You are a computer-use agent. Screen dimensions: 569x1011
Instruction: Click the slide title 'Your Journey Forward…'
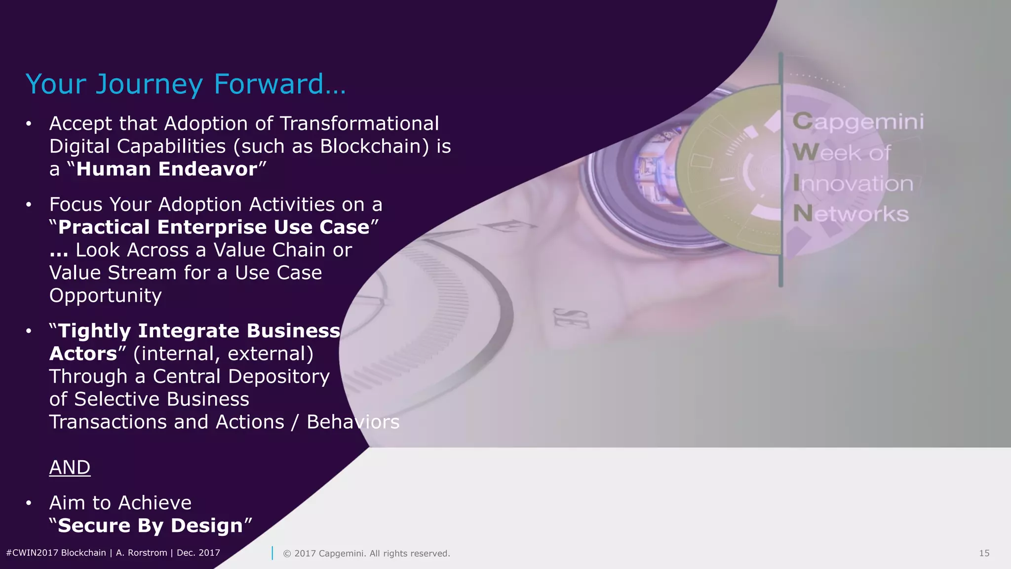186,84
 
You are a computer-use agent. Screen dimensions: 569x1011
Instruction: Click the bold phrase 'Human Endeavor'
167,169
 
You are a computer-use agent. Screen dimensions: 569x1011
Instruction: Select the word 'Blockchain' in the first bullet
374,146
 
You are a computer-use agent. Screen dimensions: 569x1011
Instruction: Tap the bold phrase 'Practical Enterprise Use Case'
214,227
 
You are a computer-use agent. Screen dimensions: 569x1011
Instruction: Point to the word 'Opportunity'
105,295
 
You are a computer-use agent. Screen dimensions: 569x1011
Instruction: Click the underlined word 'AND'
70,467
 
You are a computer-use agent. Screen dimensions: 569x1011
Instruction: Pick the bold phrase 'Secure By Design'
151,526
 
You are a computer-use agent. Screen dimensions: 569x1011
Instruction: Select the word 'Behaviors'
353,422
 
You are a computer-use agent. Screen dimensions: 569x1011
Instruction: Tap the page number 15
984,553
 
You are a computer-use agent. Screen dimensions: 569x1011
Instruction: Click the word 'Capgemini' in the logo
858,122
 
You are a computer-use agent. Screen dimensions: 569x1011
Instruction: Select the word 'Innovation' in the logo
853,184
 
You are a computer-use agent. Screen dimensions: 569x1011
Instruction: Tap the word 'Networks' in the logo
851,214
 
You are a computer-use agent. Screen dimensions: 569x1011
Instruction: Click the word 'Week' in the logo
823,153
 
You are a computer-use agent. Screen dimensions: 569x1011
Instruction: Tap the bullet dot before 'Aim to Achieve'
29,503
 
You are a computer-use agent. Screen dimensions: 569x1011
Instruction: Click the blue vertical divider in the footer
272,553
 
